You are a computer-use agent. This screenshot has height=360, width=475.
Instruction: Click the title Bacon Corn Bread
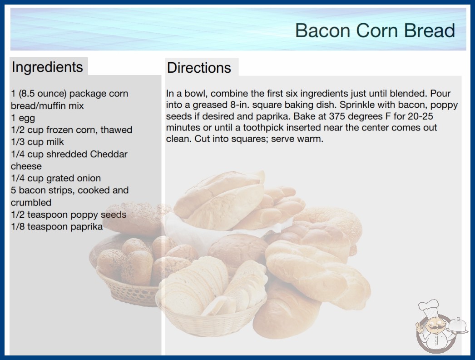point(375,30)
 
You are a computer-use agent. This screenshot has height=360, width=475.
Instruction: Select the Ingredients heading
point(47,67)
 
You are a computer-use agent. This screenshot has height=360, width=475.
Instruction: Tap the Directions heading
point(199,68)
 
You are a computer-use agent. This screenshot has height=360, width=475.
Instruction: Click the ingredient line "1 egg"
point(23,118)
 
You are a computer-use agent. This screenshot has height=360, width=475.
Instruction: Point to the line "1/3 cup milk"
point(38,142)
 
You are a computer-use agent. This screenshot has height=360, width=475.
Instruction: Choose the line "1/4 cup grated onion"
point(56,178)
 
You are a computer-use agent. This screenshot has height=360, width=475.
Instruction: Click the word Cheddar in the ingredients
point(109,154)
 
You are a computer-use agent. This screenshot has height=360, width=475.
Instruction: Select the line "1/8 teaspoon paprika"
point(57,226)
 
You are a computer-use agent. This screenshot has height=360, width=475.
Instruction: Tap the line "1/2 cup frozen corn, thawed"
point(71,130)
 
